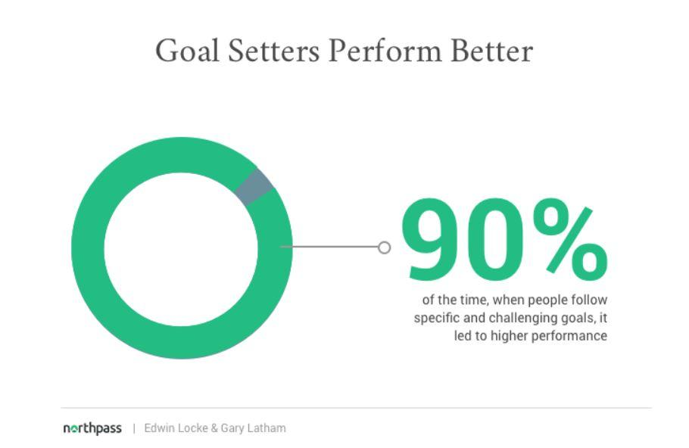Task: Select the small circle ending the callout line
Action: pos(385,247)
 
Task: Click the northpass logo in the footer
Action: pos(92,428)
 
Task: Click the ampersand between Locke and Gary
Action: pos(214,428)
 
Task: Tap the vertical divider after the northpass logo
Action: pos(134,428)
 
